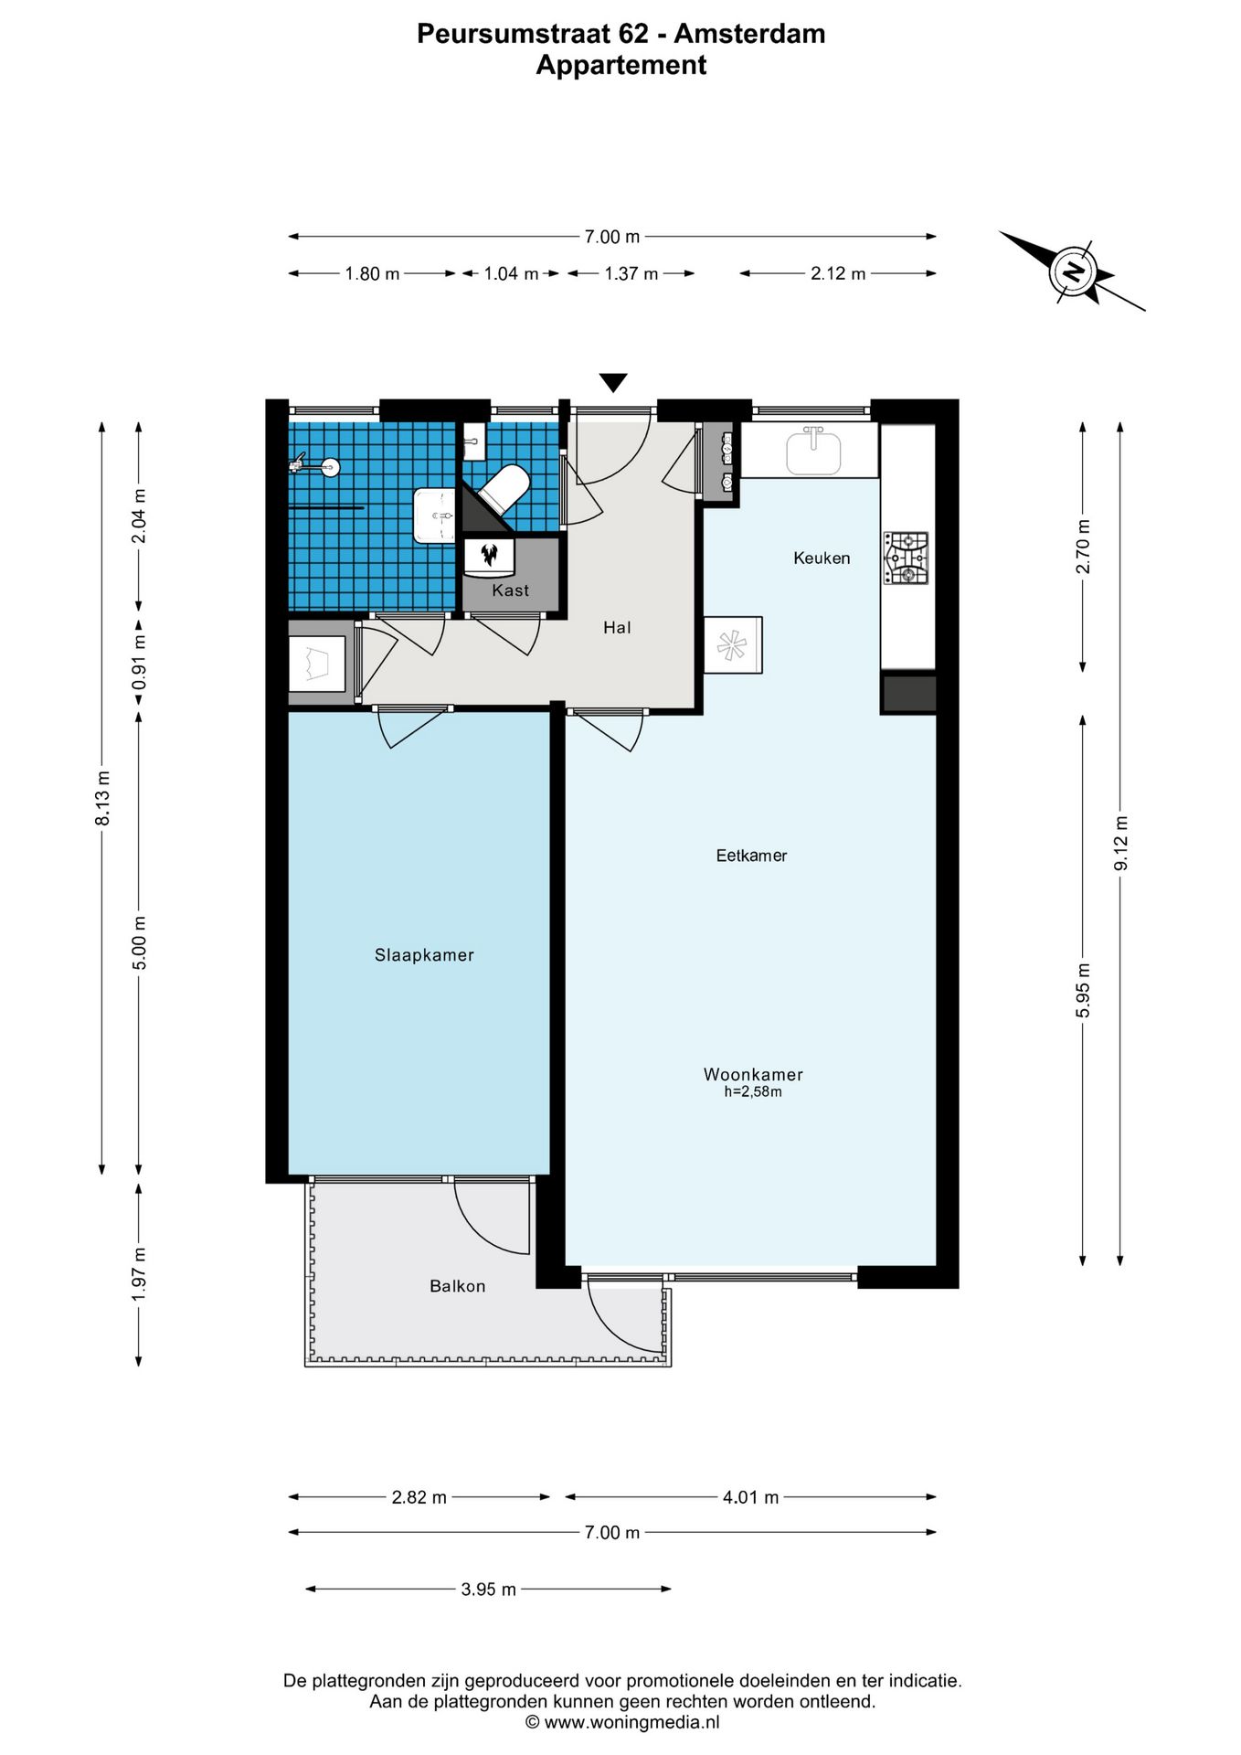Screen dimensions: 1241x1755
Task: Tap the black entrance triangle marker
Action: pos(613,383)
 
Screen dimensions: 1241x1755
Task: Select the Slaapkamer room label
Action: pos(424,955)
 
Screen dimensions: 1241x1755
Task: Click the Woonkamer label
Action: pos(753,1075)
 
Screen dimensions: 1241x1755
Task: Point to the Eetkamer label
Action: pos(751,856)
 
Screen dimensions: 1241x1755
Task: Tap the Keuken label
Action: pos(822,558)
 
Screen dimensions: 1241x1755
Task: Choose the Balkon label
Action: pos(458,1286)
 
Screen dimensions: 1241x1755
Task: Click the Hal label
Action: pos(617,627)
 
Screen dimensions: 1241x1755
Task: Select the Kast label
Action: pos(510,590)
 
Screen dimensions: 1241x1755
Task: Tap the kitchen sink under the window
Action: pos(813,451)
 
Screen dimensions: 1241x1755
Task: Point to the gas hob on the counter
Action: pos(906,558)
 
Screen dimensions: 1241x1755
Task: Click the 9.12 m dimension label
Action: pos(1120,844)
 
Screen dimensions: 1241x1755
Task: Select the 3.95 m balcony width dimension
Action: pos(489,1589)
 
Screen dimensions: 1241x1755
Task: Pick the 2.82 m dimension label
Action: pos(419,1496)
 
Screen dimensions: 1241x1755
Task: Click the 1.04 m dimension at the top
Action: pos(511,273)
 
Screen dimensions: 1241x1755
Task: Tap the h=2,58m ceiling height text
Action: pos(753,1091)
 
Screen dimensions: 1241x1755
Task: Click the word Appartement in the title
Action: pos(621,65)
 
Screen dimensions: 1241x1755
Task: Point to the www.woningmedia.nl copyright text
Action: pos(622,1722)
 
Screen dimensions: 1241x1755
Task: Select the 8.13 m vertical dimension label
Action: pos(103,798)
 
